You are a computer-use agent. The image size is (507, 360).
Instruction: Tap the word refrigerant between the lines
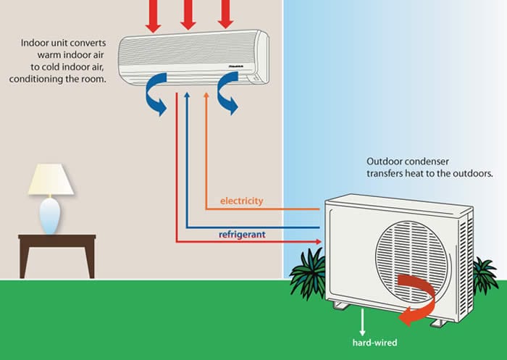tap(241, 235)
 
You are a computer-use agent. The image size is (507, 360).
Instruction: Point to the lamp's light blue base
tap(50, 215)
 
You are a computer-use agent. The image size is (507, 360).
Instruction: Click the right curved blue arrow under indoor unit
tap(226, 99)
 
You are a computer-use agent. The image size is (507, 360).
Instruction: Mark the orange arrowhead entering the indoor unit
tap(206, 98)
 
